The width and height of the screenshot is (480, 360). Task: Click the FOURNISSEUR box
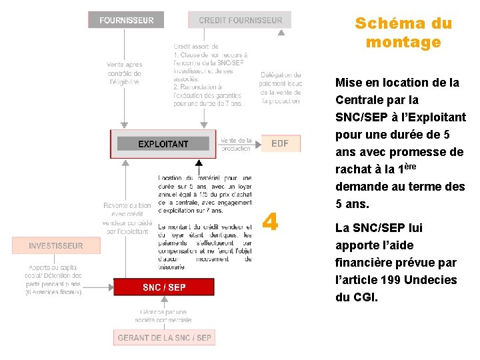coord(126,20)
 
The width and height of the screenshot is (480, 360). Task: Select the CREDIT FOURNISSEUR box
coord(240,20)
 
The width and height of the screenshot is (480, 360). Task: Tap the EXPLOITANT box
coord(163,144)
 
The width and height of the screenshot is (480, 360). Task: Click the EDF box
coord(280,143)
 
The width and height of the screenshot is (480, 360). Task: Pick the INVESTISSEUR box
coord(56,246)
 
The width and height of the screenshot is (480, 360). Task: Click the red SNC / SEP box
coord(164,287)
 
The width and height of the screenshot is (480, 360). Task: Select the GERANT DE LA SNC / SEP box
coord(164,338)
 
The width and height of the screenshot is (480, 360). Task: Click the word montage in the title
coord(403,42)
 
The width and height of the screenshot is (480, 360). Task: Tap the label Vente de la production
coord(236,145)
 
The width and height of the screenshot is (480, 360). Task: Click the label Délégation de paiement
coord(281,79)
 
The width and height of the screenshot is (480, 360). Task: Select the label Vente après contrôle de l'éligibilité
coord(124,73)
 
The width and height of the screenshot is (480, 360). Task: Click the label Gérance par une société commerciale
coord(163,315)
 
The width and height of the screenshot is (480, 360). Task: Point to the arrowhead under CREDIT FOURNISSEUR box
coord(281,31)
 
